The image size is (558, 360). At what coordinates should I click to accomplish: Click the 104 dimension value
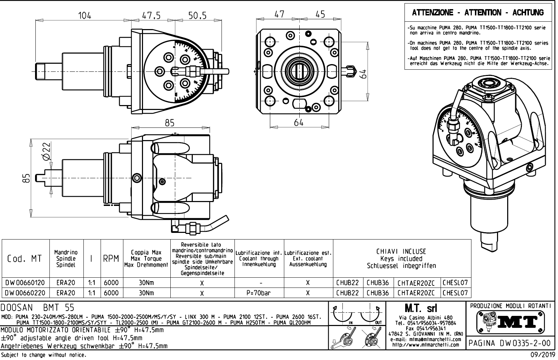point(84,15)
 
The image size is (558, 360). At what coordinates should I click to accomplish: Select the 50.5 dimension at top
point(197,15)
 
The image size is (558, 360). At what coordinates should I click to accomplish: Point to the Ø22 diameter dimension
point(46,152)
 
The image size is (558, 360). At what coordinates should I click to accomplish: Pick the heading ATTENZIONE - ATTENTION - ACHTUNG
point(478,13)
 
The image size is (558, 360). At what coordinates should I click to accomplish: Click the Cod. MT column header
point(25,259)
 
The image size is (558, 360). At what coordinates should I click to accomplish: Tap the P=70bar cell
point(259,293)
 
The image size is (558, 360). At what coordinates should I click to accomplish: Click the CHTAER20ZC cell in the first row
point(416,283)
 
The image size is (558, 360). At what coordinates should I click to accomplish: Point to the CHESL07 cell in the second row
point(455,293)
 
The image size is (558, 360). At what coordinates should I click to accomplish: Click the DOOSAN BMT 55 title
point(38,307)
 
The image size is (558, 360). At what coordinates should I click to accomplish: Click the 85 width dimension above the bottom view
point(170,123)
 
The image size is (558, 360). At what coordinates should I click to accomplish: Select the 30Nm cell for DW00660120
point(147,283)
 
